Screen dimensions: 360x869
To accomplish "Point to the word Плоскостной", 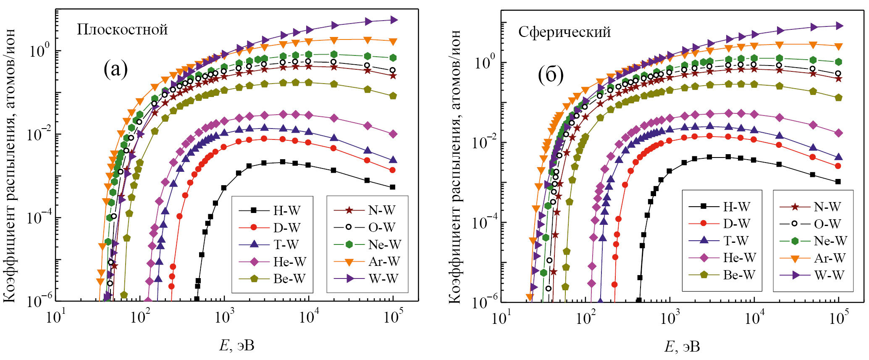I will click(122, 29).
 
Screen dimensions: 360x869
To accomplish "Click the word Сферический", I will click(564, 32).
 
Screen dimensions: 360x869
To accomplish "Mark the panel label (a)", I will click(116, 69).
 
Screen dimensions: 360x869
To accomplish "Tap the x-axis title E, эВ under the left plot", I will click(236, 345).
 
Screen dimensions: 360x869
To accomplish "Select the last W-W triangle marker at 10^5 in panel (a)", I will click(394, 20).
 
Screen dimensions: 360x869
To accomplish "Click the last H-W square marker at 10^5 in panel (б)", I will click(838, 182).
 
